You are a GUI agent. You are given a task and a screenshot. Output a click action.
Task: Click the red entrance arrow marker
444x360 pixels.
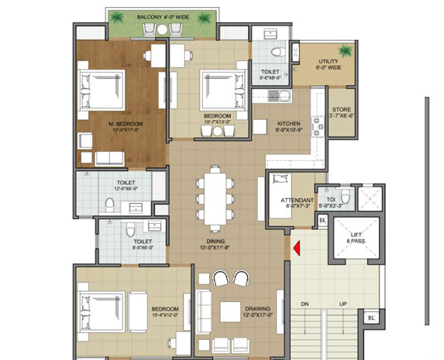click(x=294, y=248)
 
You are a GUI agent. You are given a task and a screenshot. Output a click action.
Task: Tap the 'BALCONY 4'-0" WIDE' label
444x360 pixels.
click(x=160, y=17)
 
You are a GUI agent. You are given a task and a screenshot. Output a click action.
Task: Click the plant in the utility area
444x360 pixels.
click(x=343, y=52)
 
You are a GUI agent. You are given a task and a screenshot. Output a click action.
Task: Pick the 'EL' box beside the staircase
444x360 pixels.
click(x=371, y=317)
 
